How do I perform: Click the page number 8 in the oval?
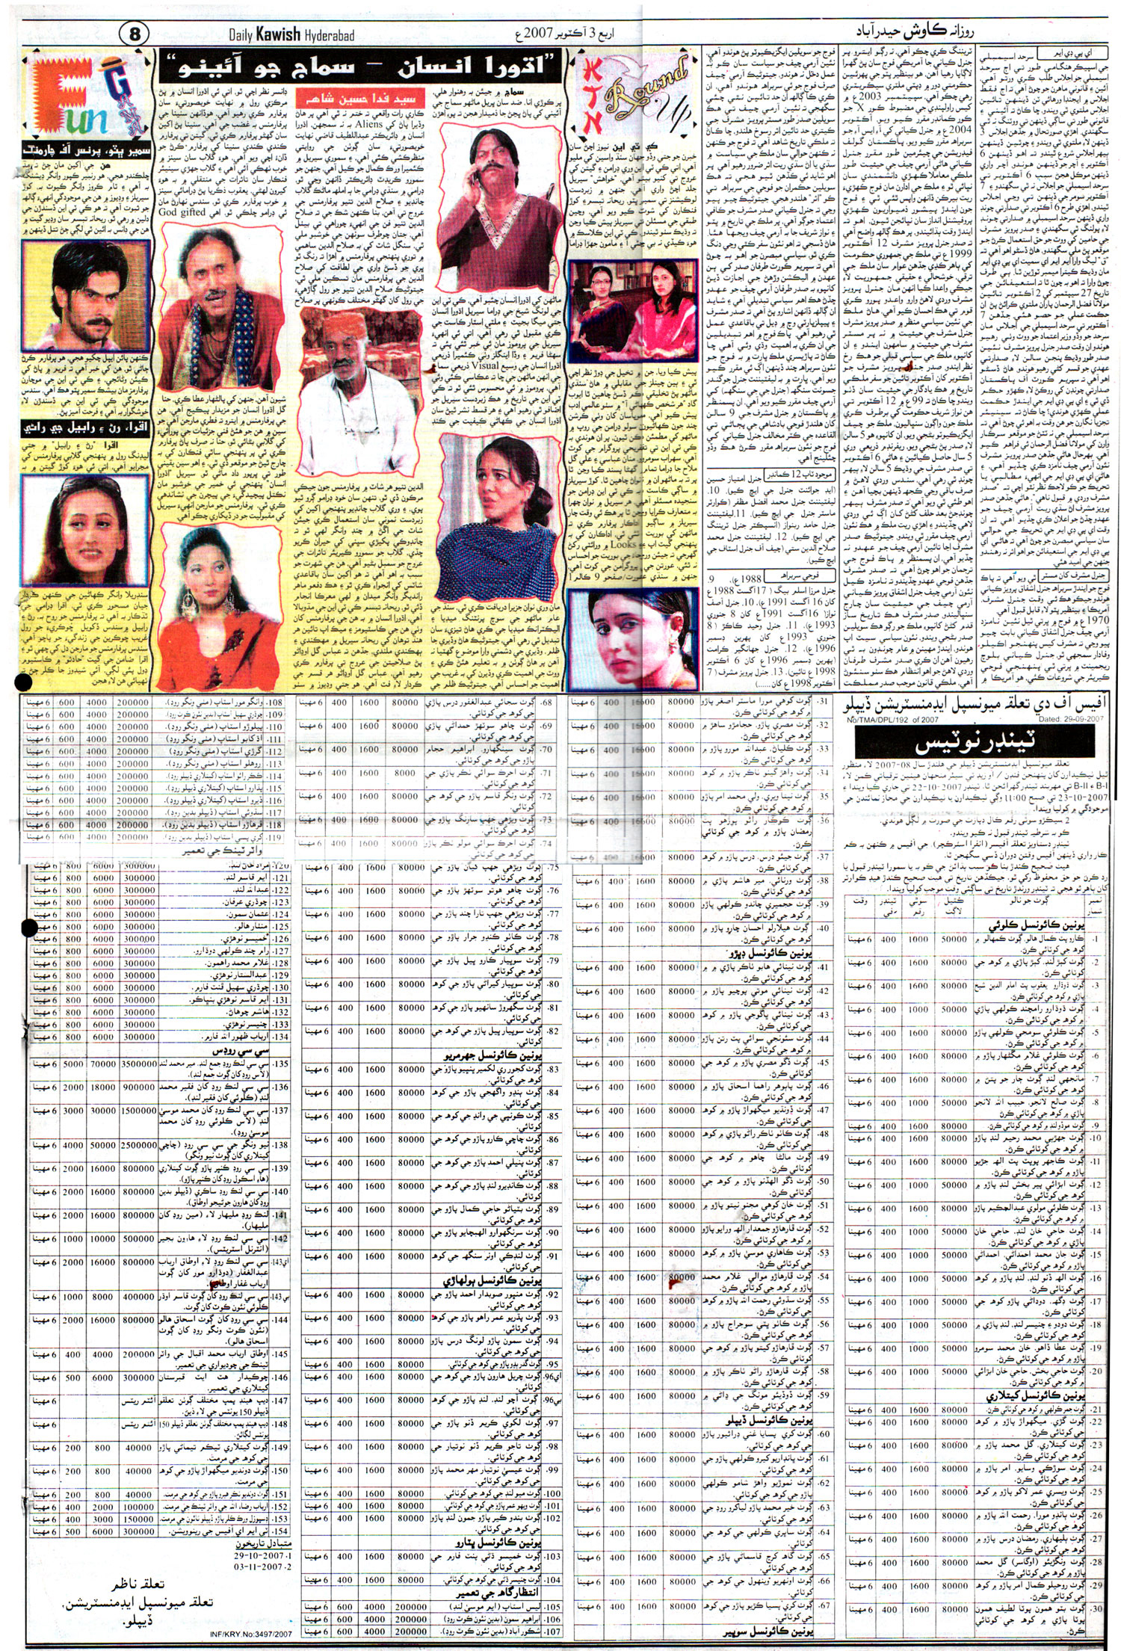(135, 34)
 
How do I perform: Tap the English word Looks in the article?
(623, 543)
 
